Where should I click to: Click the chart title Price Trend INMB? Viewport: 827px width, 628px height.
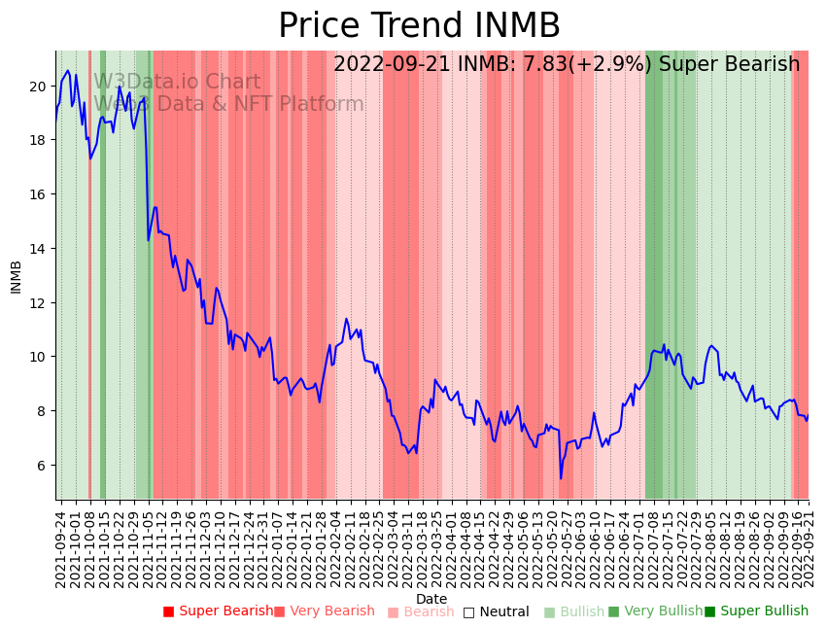(419, 26)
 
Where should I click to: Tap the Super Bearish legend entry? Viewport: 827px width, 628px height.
(218, 611)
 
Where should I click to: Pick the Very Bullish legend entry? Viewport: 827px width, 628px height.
(655, 611)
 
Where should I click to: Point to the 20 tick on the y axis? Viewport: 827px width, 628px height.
(38, 87)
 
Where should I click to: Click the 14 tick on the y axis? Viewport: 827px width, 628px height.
(38, 249)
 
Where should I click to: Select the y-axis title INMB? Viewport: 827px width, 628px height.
(16, 277)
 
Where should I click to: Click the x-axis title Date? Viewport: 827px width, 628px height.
(431, 599)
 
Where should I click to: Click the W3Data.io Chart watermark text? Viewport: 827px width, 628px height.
(177, 83)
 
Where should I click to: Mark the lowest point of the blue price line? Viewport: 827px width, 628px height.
(561, 478)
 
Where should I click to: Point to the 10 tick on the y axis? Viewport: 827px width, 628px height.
(38, 357)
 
